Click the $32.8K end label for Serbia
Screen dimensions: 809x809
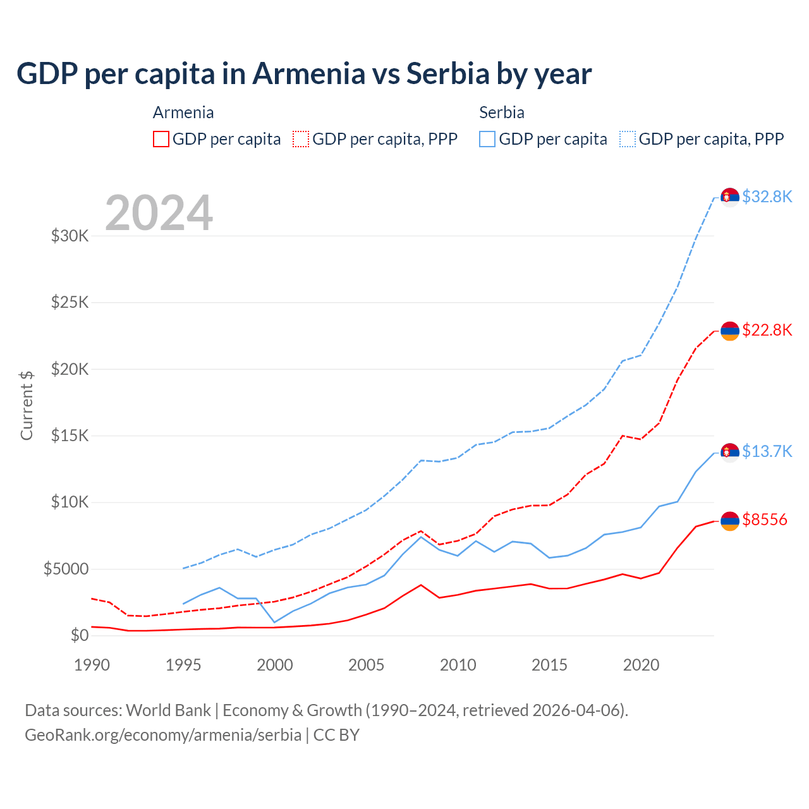pos(767,197)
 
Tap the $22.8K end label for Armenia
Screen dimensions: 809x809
pos(767,331)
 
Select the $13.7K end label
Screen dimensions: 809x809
pos(767,452)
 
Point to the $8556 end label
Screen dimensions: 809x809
pos(765,520)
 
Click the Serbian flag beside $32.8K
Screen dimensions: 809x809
pos(730,198)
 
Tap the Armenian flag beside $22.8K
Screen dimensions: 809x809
pos(730,331)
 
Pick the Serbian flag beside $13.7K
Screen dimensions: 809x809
pos(730,453)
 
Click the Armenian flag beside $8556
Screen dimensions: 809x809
pos(730,521)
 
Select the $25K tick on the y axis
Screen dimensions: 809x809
pos(70,302)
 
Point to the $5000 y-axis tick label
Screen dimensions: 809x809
pos(66,569)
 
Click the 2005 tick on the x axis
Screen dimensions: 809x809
pos(367,665)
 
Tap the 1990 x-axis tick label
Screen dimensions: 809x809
pos(92,665)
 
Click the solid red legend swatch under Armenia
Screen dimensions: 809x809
pos(161,139)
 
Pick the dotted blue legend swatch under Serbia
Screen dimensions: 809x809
pos(628,139)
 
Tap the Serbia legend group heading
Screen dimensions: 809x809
pos(502,113)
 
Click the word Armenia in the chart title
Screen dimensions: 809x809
pos(308,74)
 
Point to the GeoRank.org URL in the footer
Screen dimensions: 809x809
pos(163,735)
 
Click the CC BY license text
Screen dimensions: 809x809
pos(336,735)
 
